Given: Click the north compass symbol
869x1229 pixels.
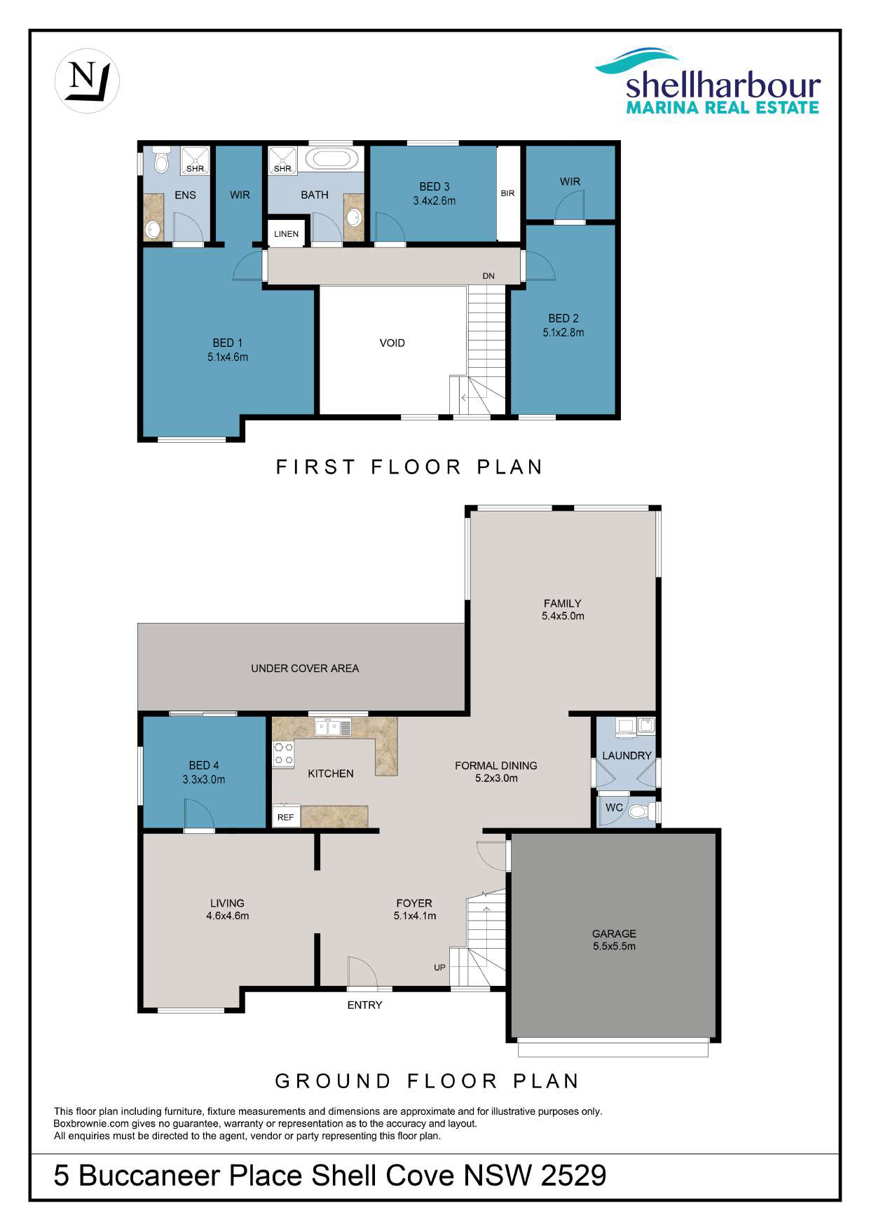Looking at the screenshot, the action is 87,81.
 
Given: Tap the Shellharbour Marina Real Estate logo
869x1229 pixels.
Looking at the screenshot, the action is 708,81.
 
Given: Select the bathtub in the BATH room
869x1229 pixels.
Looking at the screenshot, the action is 328,158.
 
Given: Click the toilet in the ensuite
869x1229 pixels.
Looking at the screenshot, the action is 162,160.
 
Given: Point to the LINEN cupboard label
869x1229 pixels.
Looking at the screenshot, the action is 286,234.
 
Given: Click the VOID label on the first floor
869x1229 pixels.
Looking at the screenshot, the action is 392,343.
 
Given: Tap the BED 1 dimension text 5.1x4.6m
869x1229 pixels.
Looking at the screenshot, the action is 228,357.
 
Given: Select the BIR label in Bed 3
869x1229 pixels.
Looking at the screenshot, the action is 507,193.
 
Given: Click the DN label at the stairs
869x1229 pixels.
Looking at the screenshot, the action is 488,276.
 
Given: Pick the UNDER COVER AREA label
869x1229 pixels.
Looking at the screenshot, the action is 305,668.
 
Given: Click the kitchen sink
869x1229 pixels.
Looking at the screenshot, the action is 332,727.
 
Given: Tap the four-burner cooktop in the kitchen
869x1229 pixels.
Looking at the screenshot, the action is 283,753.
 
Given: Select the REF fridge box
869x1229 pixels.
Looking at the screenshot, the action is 286,816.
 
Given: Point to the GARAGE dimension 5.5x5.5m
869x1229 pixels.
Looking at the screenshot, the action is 614,946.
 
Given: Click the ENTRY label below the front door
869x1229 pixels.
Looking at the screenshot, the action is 365,1005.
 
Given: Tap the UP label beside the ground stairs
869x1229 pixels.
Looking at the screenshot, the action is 439,968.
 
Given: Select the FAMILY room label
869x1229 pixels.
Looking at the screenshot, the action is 563,603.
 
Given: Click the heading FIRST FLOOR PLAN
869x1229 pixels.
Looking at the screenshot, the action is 410,467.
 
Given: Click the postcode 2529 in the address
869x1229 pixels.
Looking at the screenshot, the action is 573,1175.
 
